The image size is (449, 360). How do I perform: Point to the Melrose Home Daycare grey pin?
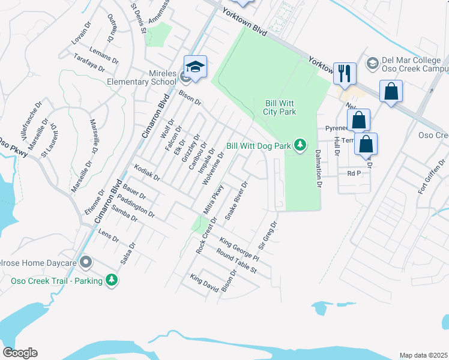pyautogui.click(x=86, y=263)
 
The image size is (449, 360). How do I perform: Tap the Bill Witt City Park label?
pyautogui.click(x=280, y=107)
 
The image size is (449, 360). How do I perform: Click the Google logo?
pyautogui.click(x=20, y=353)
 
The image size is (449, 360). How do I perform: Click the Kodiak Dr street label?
pyautogui.click(x=147, y=173)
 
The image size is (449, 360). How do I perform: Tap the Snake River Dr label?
pyautogui.click(x=236, y=201)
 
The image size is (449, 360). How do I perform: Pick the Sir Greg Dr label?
pyautogui.click(x=268, y=236)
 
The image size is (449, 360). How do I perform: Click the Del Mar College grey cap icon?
pyautogui.click(x=372, y=63)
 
